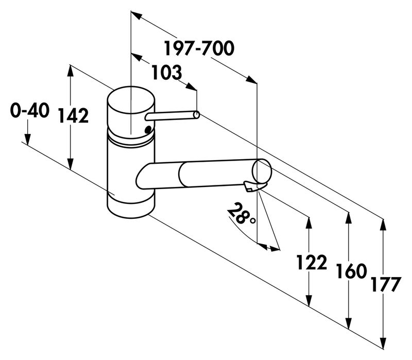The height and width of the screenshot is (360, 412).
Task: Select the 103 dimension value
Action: pos(167,73)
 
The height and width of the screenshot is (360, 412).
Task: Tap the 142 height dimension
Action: pos(74,116)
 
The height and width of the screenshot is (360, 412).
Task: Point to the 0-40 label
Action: pos(29,110)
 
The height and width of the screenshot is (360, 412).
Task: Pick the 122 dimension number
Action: pos(312,263)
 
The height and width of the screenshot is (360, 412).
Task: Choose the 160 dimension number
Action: pos(351,271)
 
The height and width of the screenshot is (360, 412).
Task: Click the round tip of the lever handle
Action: pos(197,115)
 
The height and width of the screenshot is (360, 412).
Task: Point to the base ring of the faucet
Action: pos(131,206)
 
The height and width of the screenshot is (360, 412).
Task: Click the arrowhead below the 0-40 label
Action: pos(27,139)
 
